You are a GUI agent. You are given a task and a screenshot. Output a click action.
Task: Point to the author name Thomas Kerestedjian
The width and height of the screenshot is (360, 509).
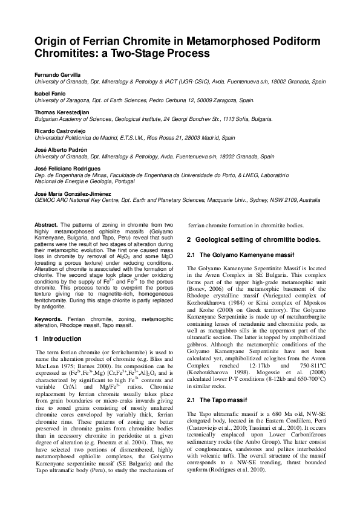pyautogui.click(x=59, y=113)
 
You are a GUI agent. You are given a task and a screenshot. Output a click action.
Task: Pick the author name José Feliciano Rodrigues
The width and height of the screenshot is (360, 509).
pyautogui.click(x=65, y=169)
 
